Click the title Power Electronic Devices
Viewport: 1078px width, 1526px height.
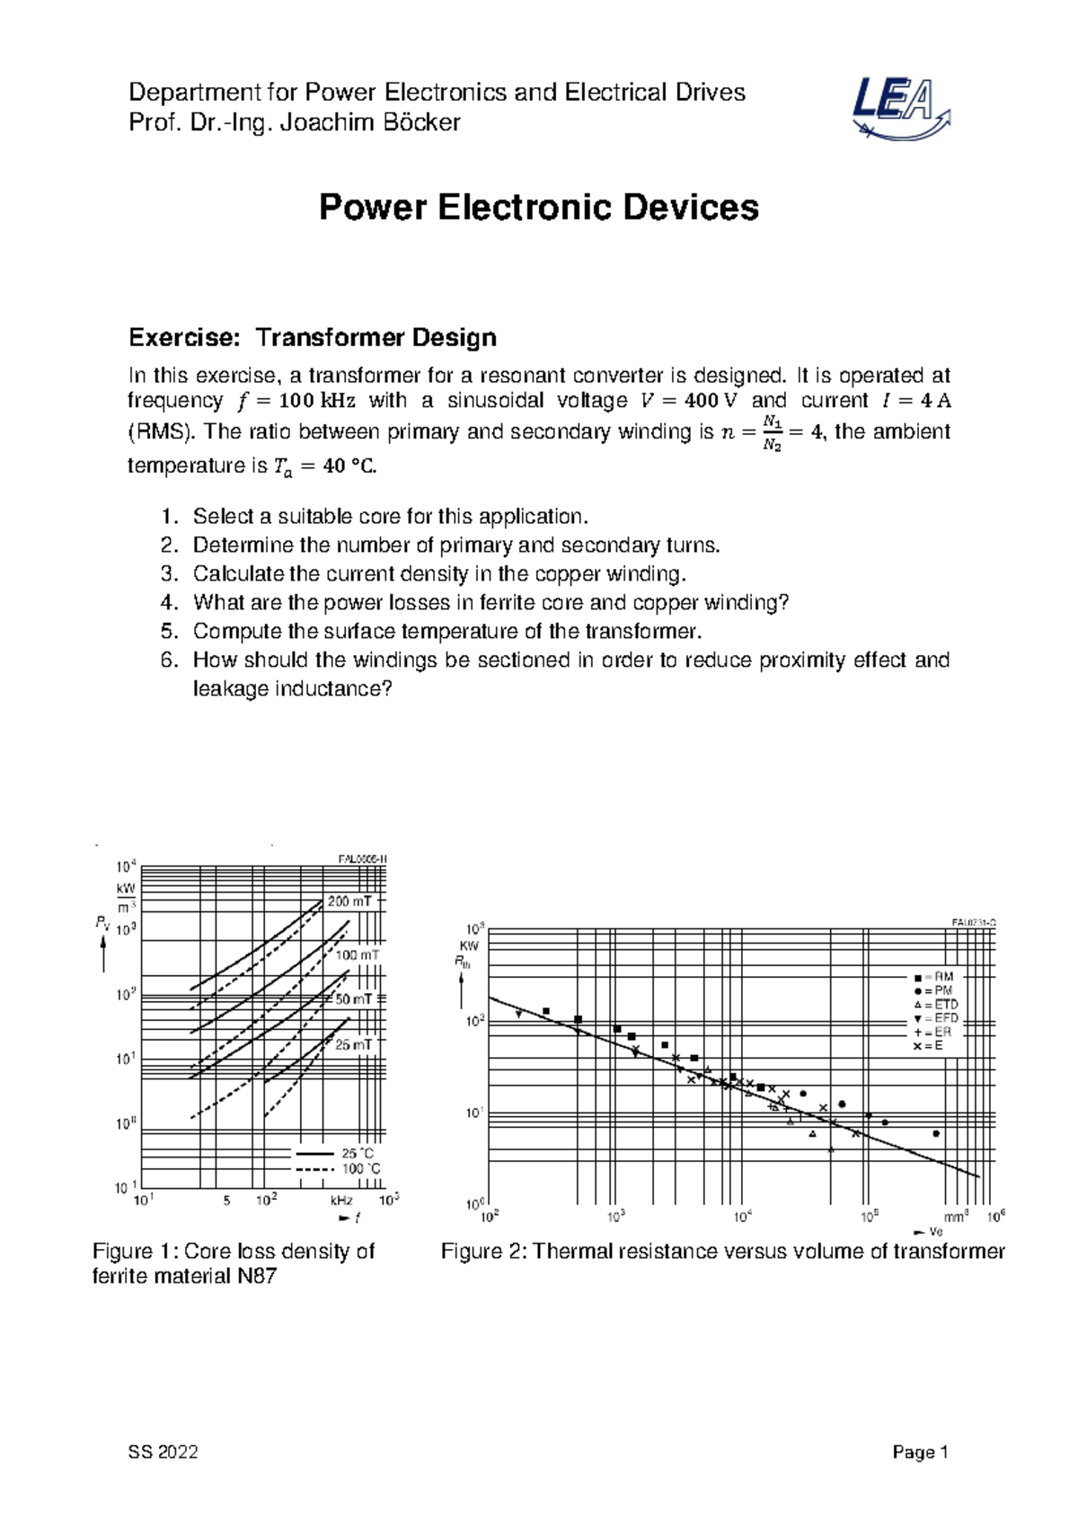[539, 208]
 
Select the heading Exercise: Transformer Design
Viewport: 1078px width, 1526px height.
[312, 338]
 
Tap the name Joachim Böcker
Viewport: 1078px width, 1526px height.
[370, 122]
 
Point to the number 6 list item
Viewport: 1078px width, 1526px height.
[170, 661]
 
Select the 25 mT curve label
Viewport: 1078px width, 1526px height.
[353, 1045]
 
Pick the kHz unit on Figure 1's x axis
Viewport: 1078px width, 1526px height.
[341, 1201]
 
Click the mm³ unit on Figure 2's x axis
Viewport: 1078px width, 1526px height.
[956, 1217]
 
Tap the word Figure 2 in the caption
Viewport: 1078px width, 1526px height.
[483, 1252]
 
